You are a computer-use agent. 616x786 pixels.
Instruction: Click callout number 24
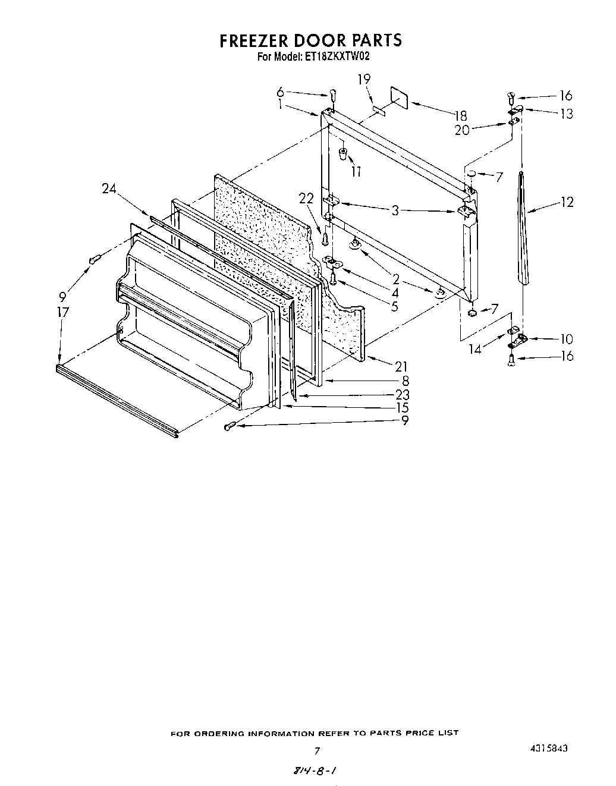click(109, 189)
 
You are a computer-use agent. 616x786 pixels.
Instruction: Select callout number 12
click(566, 202)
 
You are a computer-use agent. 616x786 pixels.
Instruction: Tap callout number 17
click(63, 312)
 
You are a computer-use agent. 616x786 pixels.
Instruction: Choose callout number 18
click(460, 116)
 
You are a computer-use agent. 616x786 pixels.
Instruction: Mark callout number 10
click(566, 339)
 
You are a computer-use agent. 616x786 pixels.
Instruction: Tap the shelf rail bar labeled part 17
click(116, 402)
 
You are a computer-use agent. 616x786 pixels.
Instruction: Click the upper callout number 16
click(565, 95)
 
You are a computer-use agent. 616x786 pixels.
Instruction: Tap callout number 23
click(402, 394)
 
